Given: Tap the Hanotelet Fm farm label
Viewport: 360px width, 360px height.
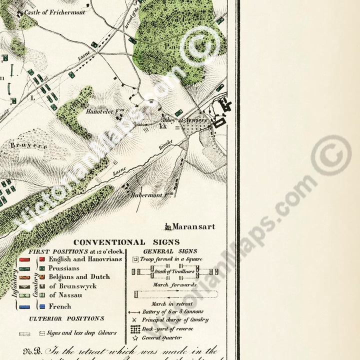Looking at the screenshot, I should [98, 112].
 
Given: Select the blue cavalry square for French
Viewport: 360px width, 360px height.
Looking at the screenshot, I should [42, 306].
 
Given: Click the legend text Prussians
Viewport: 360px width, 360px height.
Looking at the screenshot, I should [63, 268].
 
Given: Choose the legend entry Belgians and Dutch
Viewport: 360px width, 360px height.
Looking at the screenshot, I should [79, 277].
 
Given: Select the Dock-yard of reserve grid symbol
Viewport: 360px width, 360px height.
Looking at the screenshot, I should [135, 328].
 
